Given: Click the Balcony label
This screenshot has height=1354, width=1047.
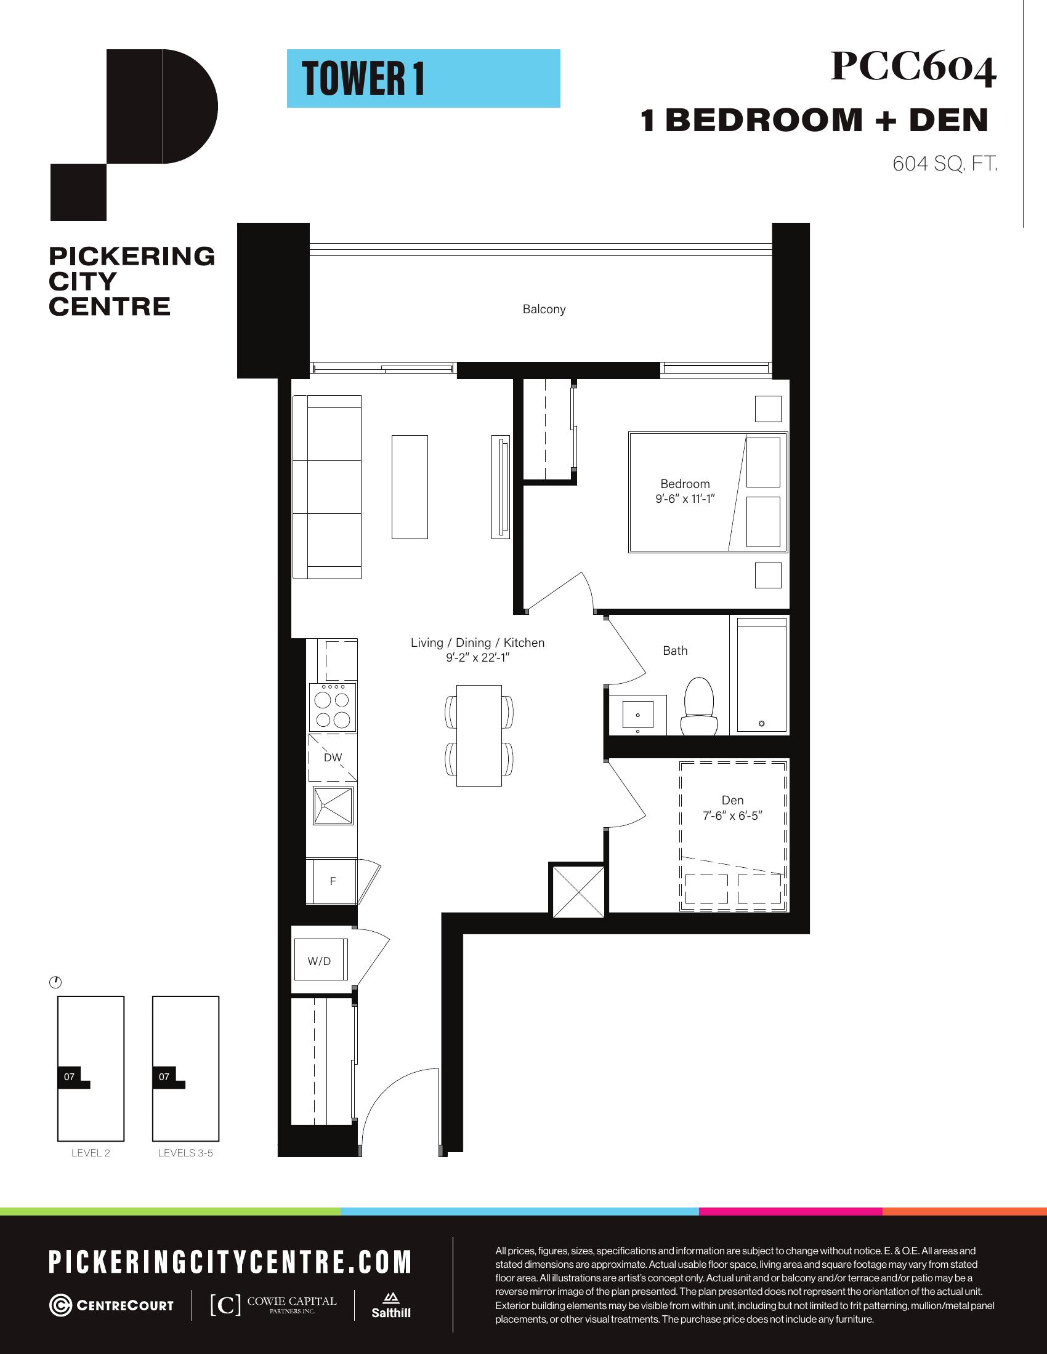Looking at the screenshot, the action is point(544,310).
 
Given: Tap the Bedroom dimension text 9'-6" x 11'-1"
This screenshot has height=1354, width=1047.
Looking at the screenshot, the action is point(685,499).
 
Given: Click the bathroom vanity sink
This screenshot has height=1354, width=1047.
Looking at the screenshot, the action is point(637,714).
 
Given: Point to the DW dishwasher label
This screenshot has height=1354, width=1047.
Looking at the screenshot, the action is point(333,757).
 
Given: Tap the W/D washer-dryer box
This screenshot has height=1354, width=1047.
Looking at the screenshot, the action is point(320,961).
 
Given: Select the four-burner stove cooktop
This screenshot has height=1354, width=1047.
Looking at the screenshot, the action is point(333,706).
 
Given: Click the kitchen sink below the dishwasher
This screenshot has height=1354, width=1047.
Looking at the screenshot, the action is point(333,806).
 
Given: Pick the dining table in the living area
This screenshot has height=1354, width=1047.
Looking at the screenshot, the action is point(479,736).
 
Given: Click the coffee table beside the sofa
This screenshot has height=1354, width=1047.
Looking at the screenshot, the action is point(410,487).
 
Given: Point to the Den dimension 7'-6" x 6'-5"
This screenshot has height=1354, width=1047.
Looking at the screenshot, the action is point(732,816).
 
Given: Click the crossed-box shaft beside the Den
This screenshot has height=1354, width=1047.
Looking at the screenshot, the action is point(578,891).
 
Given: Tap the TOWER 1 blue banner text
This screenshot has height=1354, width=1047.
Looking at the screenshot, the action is point(363,79).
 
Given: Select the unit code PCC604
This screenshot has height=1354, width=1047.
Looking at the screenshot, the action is point(913,68).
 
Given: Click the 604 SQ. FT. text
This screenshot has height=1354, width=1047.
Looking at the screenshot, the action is point(945,164).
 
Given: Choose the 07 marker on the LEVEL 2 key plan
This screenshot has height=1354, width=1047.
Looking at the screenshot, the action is point(69,1077).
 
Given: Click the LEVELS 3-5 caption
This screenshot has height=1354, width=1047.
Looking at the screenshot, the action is point(185,1153).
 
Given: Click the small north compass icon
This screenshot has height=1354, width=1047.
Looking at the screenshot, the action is point(55,983).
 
